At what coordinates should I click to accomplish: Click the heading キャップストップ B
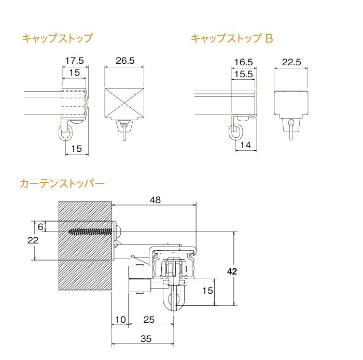pyautogui.click(x=232, y=38)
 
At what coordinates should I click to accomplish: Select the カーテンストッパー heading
pyautogui.click(x=62, y=183)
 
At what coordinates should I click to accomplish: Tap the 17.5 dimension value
pyautogui.click(x=74, y=61)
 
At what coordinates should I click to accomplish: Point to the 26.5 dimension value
pyautogui.click(x=125, y=61)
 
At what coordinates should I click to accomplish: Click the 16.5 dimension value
pyautogui.click(x=244, y=62)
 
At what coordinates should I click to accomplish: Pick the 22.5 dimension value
pyautogui.click(x=291, y=62)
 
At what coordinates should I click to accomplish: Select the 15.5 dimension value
pyautogui.click(x=244, y=74)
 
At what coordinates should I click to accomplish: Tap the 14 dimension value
pyautogui.click(x=245, y=145)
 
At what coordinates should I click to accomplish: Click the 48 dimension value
pyautogui.click(x=155, y=200)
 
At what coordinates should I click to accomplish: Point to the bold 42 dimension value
pyautogui.click(x=232, y=271)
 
